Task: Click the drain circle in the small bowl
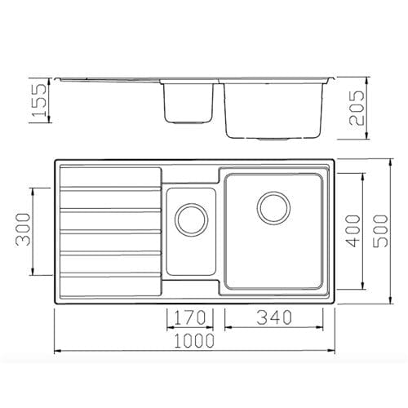(192, 217)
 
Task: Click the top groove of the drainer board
(108, 189)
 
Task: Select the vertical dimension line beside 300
(34, 231)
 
